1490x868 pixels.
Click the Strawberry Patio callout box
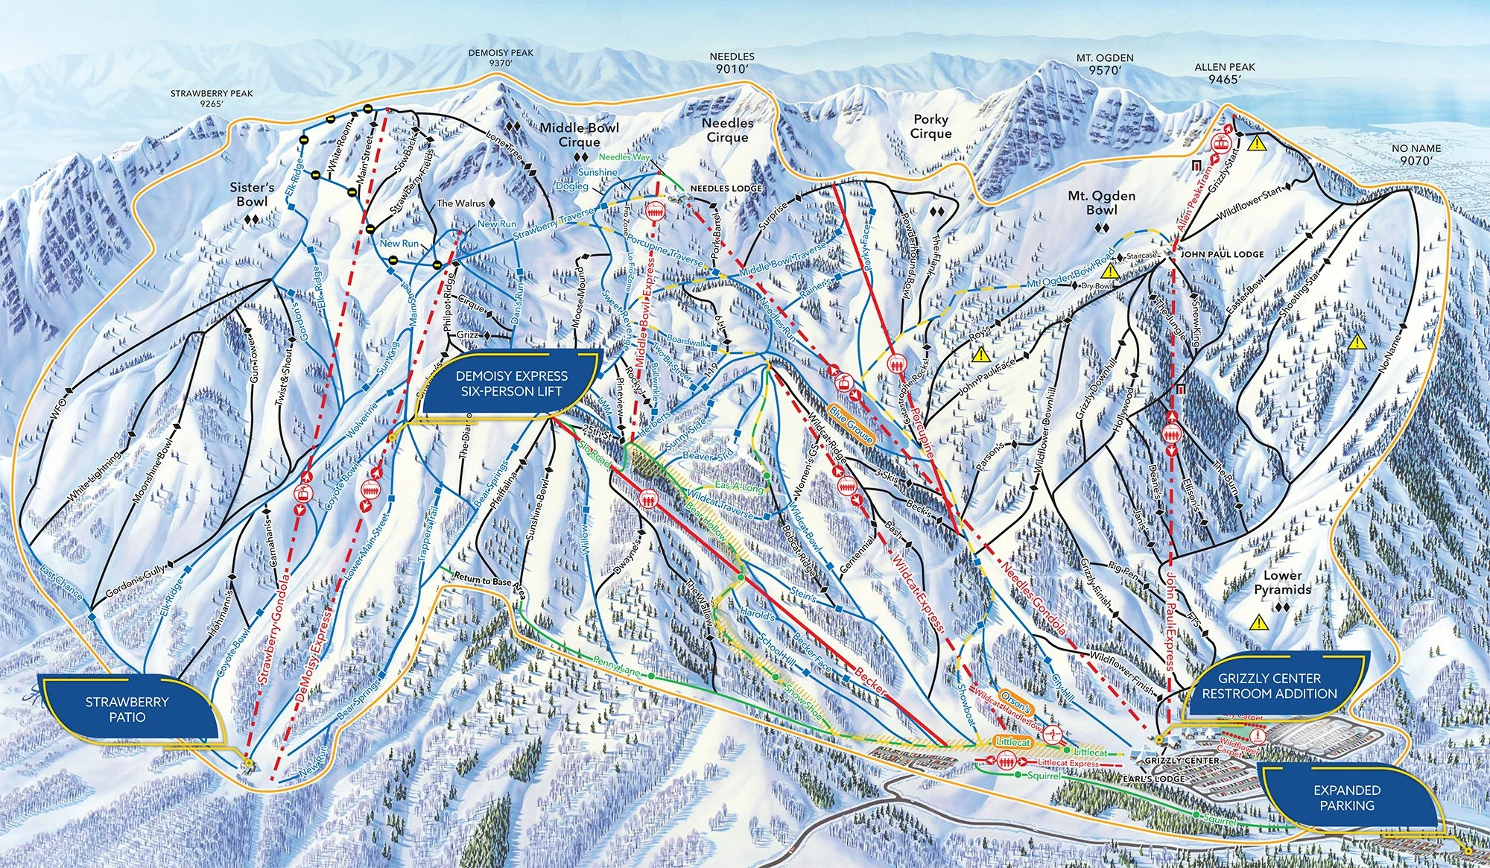127,709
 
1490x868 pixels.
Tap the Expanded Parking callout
1346,797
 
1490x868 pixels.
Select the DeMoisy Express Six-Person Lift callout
512,383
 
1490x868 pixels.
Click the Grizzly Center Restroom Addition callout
1269,685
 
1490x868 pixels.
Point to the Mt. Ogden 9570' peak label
1105,64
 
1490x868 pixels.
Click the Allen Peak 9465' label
1225,72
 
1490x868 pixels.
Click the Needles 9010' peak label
732,62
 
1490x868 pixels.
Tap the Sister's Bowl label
252,194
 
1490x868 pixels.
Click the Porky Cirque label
931,126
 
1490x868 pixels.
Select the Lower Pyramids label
1282,582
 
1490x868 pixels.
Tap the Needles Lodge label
726,189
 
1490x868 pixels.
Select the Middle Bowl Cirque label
579,134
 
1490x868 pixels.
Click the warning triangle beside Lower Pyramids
1259,621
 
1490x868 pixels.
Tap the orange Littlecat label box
1013,742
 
